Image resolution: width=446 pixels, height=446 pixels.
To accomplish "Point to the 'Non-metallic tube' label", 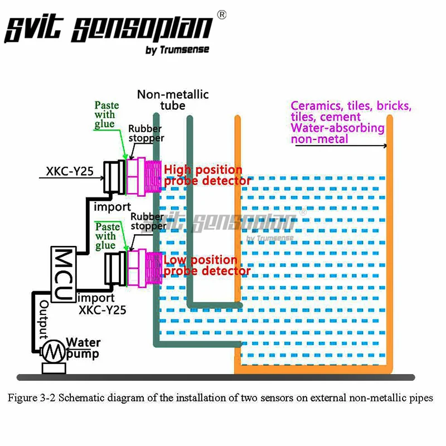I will pyautogui.click(x=173, y=100).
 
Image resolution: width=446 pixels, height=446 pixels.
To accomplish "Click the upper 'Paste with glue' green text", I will pyautogui.click(x=106, y=114).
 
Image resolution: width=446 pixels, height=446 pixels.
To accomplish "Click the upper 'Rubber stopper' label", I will pyautogui.click(x=146, y=133).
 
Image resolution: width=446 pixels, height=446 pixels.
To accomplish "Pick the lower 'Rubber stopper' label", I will pyautogui.click(x=148, y=221).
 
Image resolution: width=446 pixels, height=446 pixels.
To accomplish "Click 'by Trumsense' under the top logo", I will pyautogui.click(x=177, y=50).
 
